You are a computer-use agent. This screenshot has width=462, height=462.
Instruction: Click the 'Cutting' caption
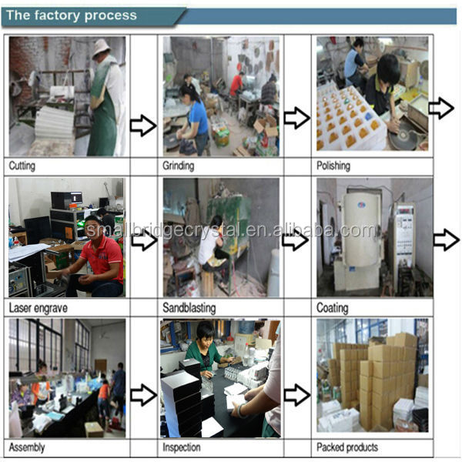tap(22, 166)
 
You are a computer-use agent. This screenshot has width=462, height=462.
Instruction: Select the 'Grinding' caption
tap(179, 166)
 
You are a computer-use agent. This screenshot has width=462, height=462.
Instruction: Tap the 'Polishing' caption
tap(333, 166)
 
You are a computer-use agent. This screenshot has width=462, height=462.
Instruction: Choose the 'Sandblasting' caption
tap(189, 308)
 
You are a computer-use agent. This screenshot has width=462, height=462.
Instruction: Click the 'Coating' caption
tap(332, 308)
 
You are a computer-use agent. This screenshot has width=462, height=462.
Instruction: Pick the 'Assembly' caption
tap(26, 447)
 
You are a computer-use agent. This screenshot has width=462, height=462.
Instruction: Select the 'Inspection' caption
tap(182, 447)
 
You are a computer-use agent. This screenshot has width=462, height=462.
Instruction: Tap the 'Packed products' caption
tap(347, 447)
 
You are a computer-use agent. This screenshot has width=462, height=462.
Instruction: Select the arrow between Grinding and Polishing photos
tap(296, 118)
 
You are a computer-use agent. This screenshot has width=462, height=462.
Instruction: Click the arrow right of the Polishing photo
tap(441, 108)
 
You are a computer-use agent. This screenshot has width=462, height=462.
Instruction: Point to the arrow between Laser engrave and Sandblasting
tap(142, 240)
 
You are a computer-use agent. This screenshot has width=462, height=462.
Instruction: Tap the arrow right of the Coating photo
tap(446, 240)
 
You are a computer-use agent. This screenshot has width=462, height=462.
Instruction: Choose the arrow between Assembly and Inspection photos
tap(142, 395)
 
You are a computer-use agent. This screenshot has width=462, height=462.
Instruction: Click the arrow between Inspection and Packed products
tap(296, 395)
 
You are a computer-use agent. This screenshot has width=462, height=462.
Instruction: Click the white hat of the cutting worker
tap(101, 48)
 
